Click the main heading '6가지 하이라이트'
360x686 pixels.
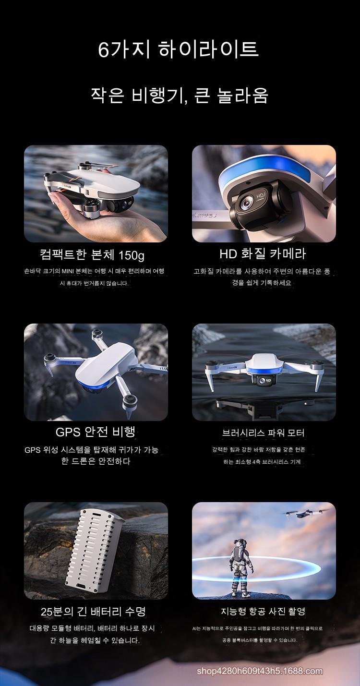coord(179,48)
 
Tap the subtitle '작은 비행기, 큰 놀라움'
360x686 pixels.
coord(180,95)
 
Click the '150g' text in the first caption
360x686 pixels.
coord(132,255)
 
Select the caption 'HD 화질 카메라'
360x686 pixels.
coord(263,254)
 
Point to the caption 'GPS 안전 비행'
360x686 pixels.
coord(96,432)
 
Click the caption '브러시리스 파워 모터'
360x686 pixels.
coord(263,433)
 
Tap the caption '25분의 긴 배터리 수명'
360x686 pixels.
coord(94,612)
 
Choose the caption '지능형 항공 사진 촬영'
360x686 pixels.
coord(263,612)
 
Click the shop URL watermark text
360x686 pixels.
coord(260,671)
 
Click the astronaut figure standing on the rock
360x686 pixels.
coord(241,567)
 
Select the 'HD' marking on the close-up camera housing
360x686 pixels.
coord(261,196)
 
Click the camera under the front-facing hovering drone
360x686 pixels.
coord(263,380)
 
